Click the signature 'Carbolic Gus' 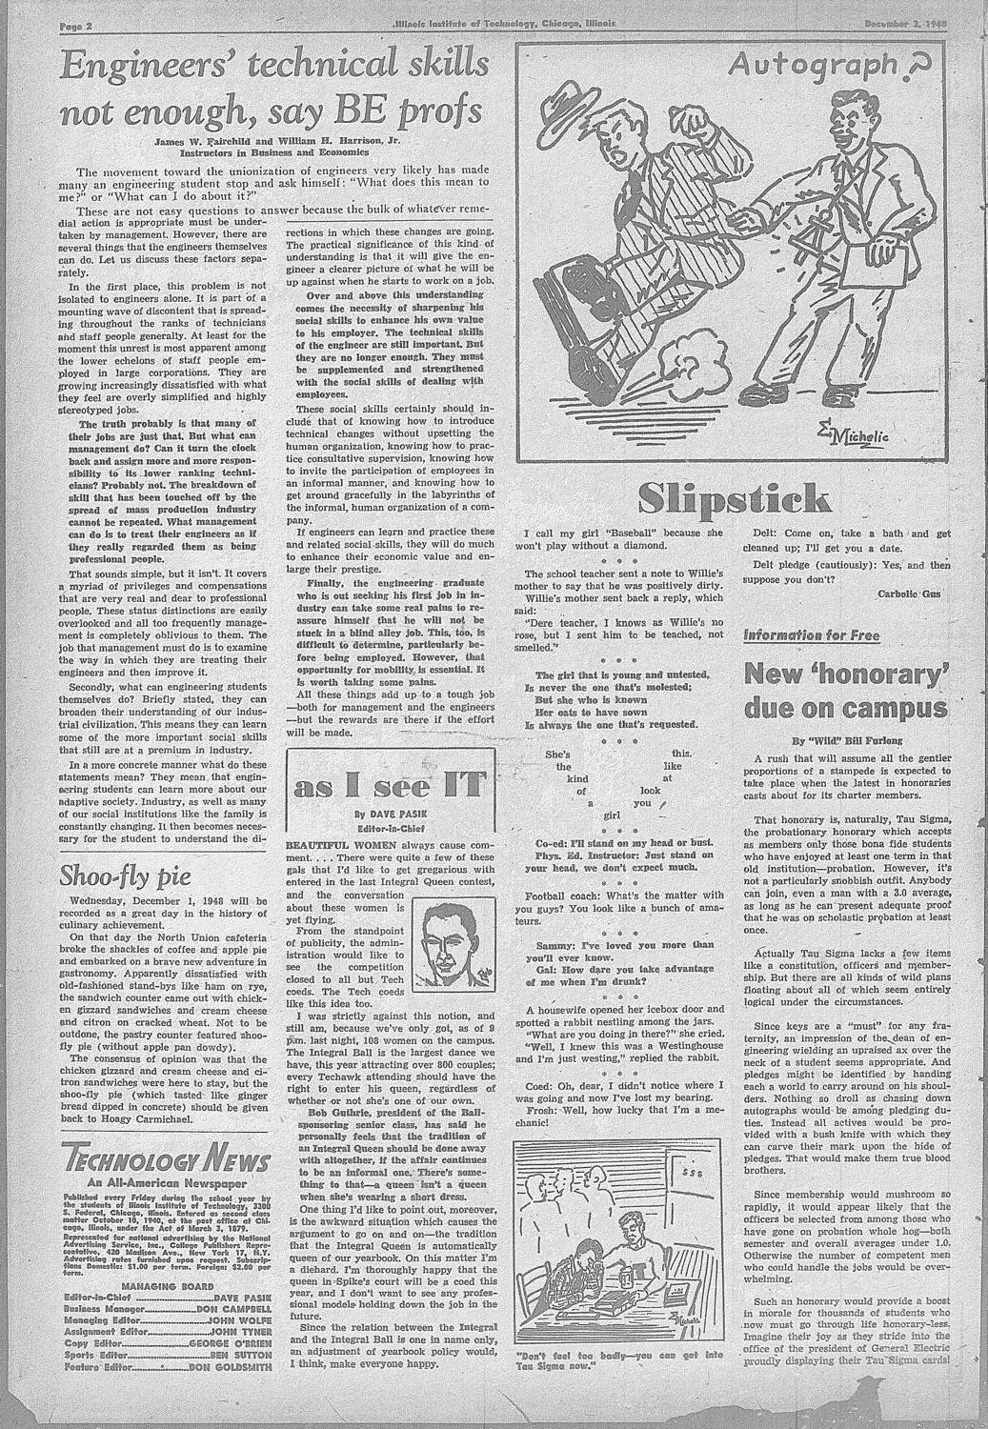(910, 593)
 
